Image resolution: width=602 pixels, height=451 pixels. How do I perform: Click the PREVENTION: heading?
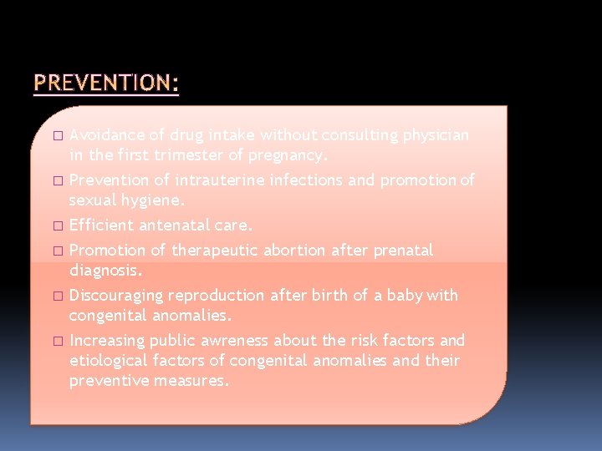(106, 84)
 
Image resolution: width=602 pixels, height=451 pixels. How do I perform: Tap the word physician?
(436, 134)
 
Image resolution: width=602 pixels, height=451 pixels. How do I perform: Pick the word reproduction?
(216, 295)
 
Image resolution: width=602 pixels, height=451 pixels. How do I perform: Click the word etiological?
(109, 361)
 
